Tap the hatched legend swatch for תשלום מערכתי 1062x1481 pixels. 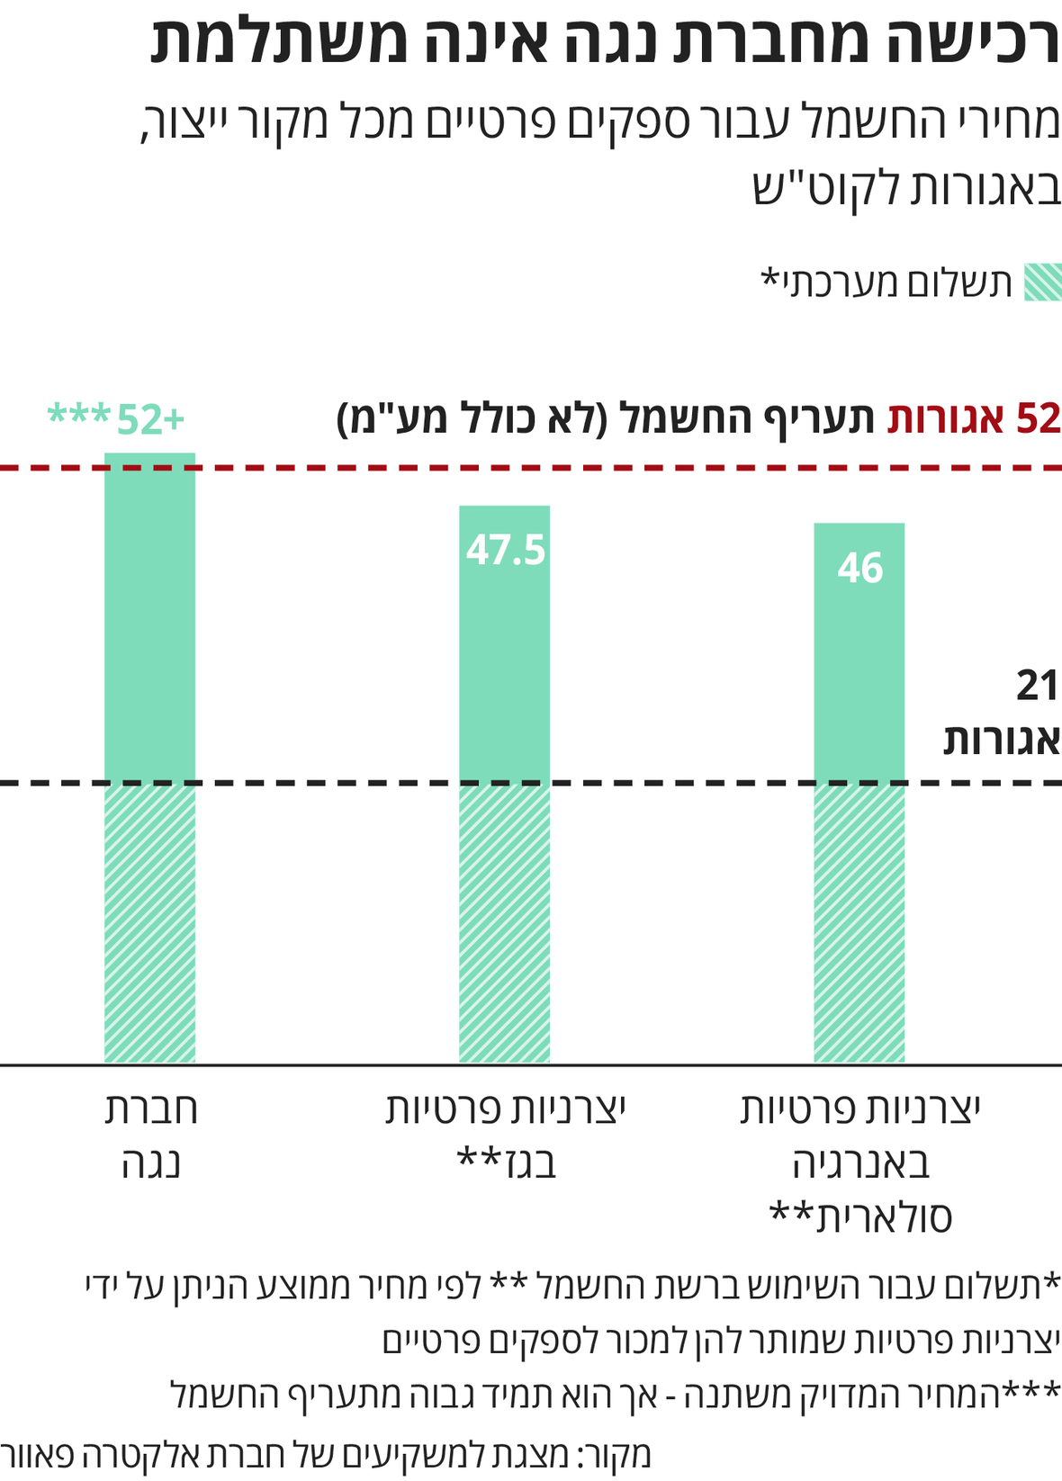coord(1043,283)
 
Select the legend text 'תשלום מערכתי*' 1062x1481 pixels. coord(886,283)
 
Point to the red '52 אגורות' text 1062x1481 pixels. coord(974,419)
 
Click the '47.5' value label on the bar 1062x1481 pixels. coord(505,551)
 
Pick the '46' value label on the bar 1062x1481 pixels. coord(859,569)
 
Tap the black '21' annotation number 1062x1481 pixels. coord(1037,687)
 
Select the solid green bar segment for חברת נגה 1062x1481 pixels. coord(149,621)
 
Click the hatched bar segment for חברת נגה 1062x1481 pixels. coord(149,922)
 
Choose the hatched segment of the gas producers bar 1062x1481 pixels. coord(504,922)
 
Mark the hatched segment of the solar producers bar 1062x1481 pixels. coord(859,922)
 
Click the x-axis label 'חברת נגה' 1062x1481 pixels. coord(150,1135)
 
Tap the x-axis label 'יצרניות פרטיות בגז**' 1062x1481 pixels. coord(505,1135)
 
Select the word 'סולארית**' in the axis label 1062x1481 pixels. coord(860,1216)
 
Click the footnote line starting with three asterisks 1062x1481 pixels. coord(616,1396)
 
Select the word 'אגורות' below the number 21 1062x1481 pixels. coord(1001,740)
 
